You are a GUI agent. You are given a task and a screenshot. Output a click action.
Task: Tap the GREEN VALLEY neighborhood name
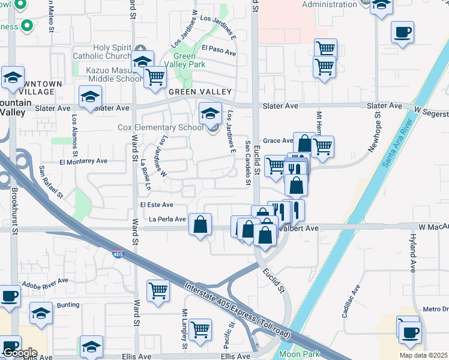coord(200,92)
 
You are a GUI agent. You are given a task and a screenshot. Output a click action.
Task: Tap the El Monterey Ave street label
coord(83,161)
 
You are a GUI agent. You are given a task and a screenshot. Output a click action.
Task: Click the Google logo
coord(20,353)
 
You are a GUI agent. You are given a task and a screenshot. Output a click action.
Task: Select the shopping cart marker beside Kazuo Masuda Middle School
coord(155,77)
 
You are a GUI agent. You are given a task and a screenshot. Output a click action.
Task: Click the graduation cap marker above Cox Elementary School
coord(210,113)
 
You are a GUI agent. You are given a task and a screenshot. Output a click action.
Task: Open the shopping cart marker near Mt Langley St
coord(200,329)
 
